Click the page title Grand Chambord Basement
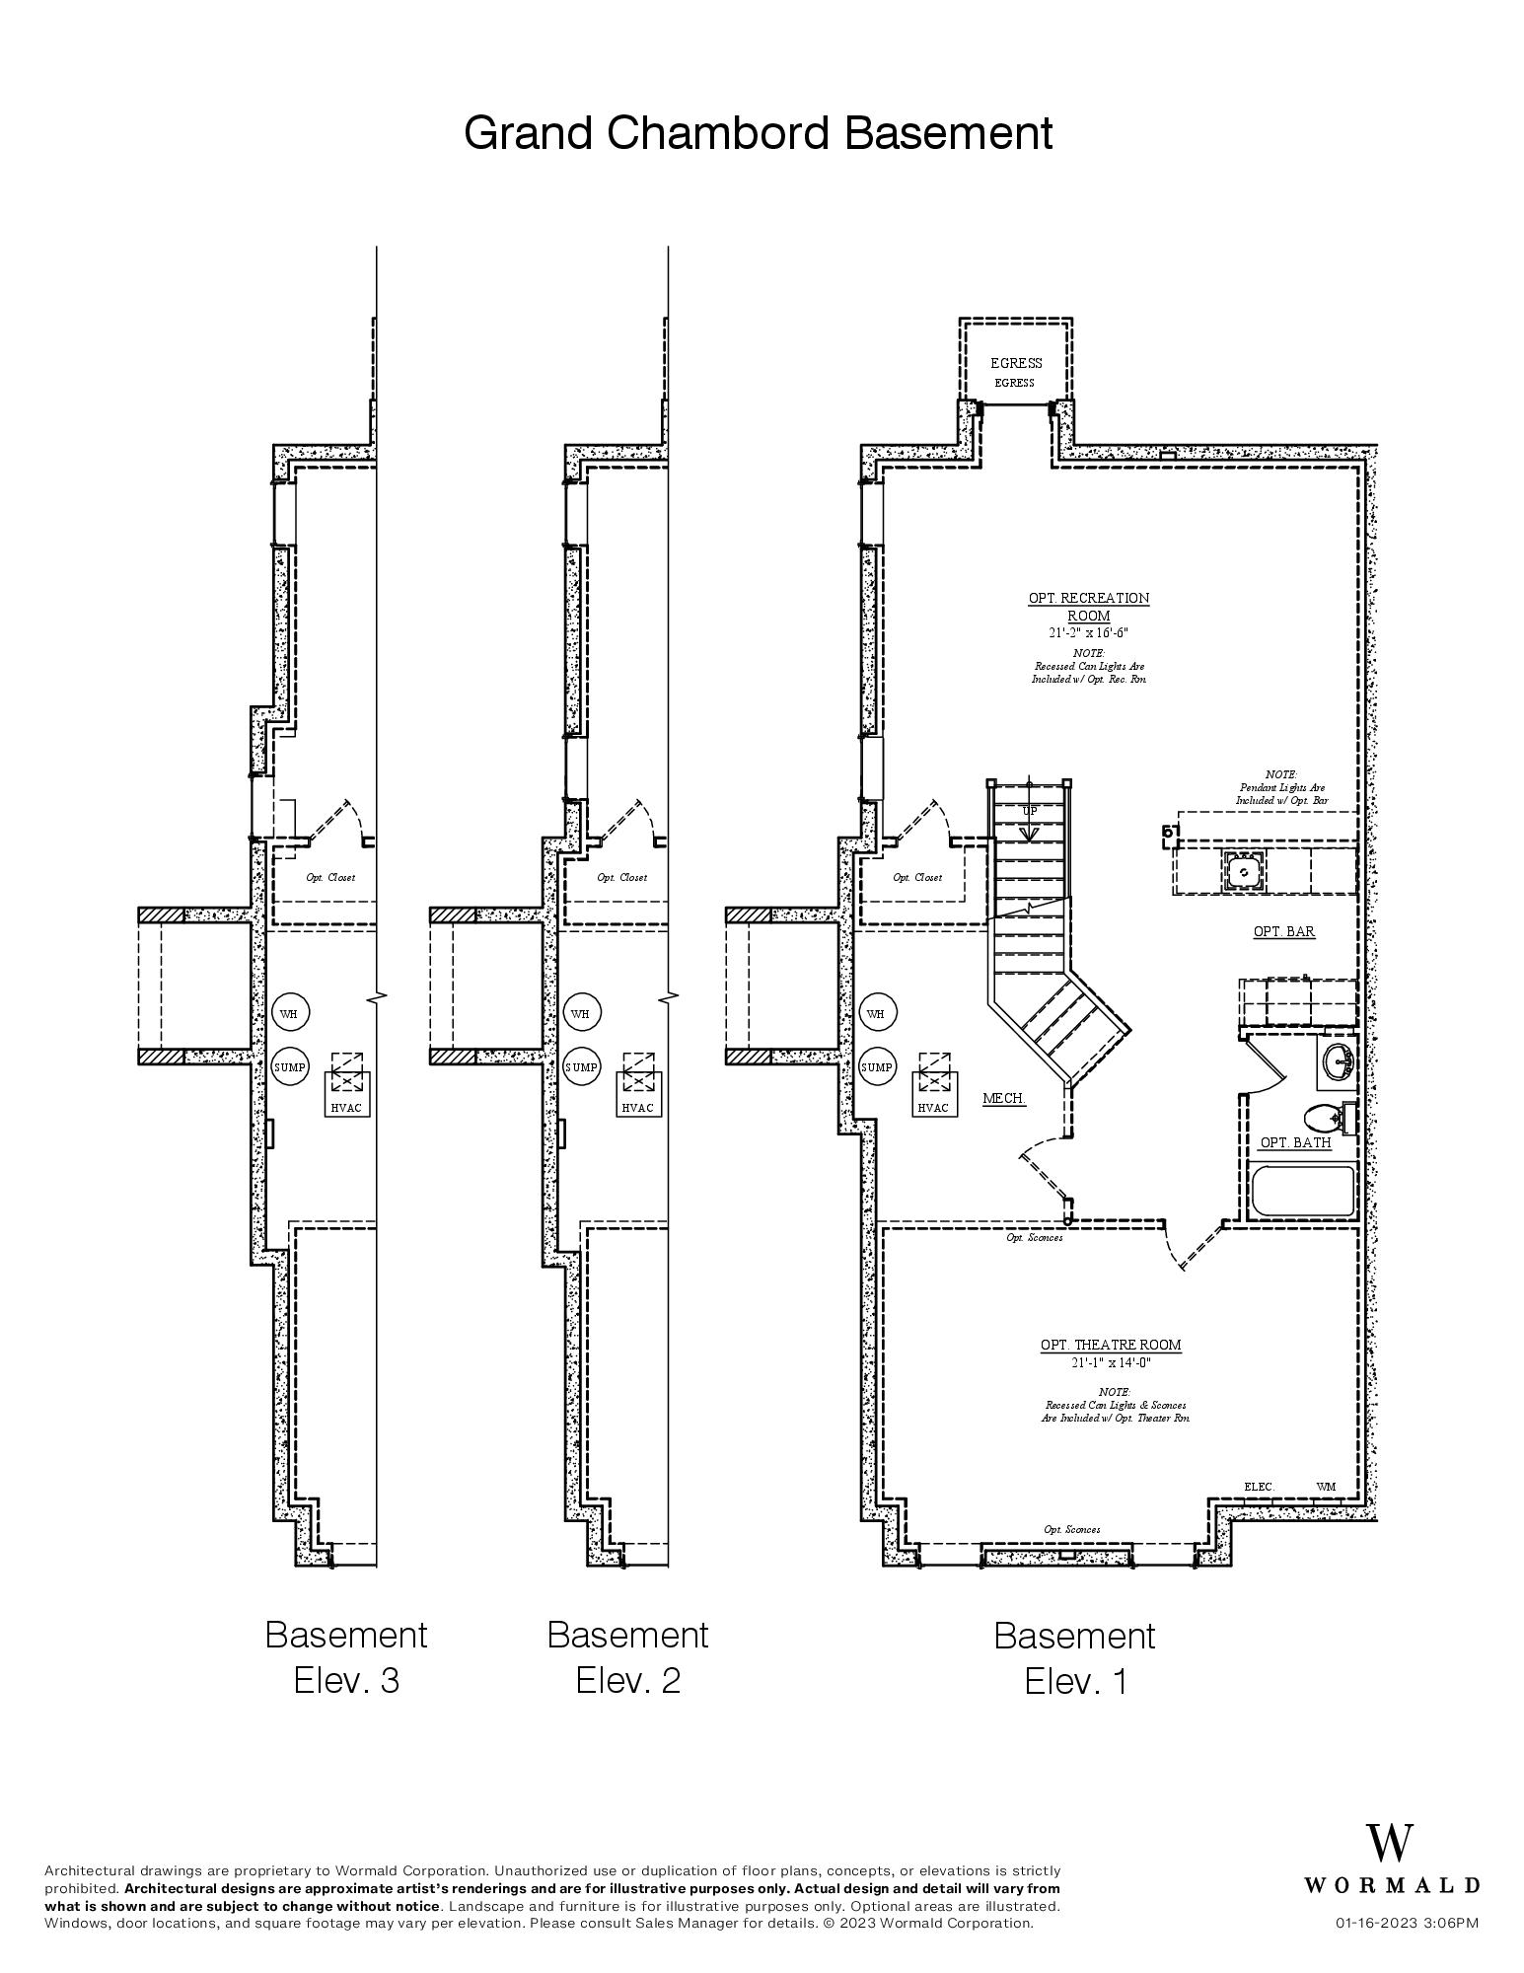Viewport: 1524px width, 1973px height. pos(758,132)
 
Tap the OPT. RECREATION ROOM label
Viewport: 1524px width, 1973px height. pos(1088,606)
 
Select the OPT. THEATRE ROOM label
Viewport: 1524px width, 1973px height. pos(1110,1345)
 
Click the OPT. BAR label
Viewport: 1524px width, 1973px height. pos(1283,931)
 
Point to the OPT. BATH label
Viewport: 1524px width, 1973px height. pos(1295,1142)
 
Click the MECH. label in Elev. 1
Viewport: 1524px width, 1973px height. pos(1004,1098)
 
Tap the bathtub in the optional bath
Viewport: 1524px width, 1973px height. pos(1302,1192)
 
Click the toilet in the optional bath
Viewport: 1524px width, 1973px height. pos(1325,1118)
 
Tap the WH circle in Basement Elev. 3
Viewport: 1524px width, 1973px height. pos(288,1013)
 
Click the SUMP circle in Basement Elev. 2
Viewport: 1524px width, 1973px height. pos(581,1067)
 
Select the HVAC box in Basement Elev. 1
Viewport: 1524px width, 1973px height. pos(933,1107)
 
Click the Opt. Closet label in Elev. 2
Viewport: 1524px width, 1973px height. pos(621,877)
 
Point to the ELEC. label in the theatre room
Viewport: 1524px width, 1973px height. pos(1259,1487)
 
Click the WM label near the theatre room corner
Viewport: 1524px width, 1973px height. pos(1326,1487)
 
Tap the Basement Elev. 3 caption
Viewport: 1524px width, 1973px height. pos(346,1656)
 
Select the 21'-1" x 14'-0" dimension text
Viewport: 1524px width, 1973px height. pos(1111,1363)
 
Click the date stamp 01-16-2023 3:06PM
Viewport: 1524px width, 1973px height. pos(1407,1923)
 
